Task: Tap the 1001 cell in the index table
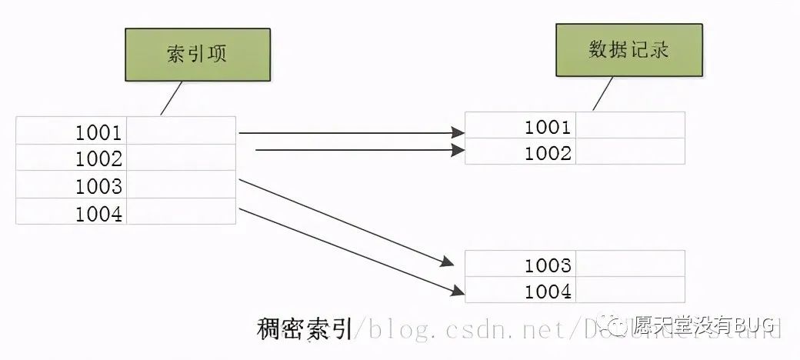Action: pos(98,132)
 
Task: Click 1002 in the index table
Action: pos(98,159)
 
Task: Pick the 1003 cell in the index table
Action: pos(98,186)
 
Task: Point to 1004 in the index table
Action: pos(98,213)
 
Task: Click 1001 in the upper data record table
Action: pos(548,127)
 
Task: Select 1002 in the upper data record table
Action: pos(548,153)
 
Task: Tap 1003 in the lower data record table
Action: pos(548,265)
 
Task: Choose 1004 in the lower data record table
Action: pos(548,292)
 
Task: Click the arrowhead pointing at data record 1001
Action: pos(458,133)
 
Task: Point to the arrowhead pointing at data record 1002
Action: pos(458,151)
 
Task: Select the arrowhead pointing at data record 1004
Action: pos(458,291)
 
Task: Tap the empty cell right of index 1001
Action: pos(181,132)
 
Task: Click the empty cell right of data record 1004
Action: pos(630,291)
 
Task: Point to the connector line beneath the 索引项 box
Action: pos(170,98)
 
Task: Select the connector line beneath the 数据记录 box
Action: pos(602,93)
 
